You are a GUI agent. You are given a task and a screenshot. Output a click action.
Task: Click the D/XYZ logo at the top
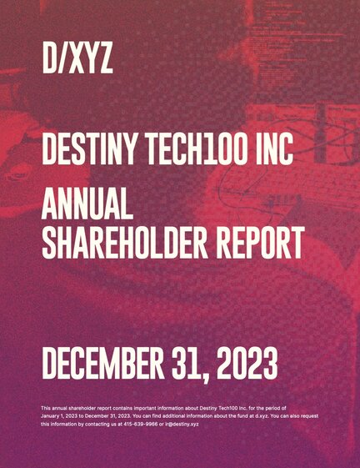pyautogui.click(x=77, y=58)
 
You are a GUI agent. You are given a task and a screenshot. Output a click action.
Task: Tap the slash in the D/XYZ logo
pyautogui.click(x=63, y=58)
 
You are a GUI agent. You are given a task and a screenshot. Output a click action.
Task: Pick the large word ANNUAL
pyautogui.click(x=87, y=204)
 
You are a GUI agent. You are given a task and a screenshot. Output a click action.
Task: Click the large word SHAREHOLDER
pyautogui.click(x=125, y=242)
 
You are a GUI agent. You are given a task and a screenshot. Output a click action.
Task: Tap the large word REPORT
pyautogui.click(x=260, y=242)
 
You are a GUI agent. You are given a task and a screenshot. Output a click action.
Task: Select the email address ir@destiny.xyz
pyautogui.click(x=182, y=424)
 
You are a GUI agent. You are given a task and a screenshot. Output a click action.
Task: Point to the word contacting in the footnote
pyautogui.click(x=96, y=424)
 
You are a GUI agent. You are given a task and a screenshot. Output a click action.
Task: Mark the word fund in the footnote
pyautogui.click(x=244, y=415)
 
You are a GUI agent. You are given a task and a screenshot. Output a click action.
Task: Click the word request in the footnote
pyautogui.click(x=311, y=415)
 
